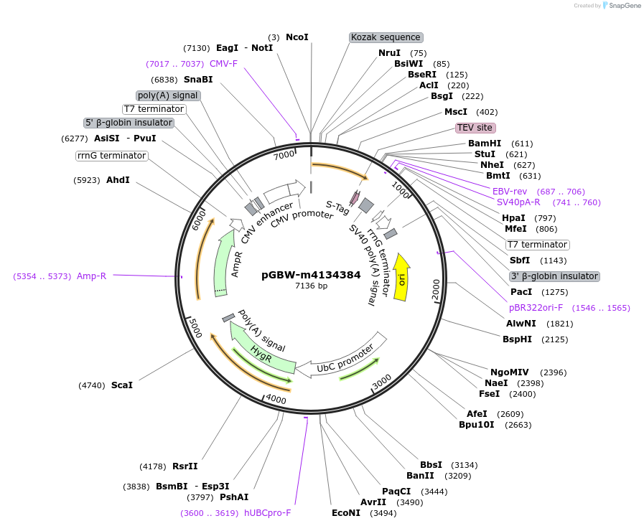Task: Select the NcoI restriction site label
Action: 297,37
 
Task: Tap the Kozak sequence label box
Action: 386,37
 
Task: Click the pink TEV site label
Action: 475,128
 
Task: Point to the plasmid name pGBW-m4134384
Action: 311,274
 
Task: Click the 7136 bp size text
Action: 311,286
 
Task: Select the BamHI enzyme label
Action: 485,144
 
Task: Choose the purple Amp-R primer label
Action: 91,276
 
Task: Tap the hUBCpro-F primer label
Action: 267,513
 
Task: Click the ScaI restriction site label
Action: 122,385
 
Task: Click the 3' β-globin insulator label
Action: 554,276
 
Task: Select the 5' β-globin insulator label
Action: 129,123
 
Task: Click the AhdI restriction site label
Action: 118,179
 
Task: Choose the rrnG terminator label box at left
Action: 111,156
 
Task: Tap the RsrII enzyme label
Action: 185,466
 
